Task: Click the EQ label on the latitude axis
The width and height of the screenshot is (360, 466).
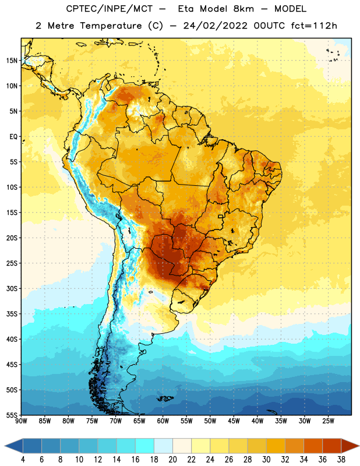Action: coord(13,137)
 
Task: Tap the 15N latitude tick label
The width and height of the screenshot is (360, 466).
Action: coord(12,61)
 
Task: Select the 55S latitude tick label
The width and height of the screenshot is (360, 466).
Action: coord(12,415)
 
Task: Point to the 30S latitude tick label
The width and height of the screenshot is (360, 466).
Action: coord(12,288)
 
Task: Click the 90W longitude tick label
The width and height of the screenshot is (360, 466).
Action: coord(21,421)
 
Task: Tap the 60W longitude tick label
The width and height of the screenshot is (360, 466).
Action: coord(163,421)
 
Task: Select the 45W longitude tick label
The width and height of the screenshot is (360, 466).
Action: coord(234,421)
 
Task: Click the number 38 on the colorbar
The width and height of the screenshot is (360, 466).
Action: coord(341,460)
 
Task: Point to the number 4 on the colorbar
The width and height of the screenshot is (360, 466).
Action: coord(23,460)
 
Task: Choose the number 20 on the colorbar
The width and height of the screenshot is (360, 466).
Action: coord(172,460)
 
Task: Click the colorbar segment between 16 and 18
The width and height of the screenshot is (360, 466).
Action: coord(144,446)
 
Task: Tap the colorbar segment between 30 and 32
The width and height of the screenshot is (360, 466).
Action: coord(276,446)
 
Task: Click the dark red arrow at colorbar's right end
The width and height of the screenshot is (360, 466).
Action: coord(350,446)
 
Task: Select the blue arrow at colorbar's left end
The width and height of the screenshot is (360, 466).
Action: coord(14,446)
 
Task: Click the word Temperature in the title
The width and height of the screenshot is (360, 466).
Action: coord(111,26)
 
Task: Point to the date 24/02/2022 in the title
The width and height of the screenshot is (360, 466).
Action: coord(215,26)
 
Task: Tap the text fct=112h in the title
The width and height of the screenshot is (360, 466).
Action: coord(314,26)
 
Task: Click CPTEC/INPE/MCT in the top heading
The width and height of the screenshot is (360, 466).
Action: coord(110,9)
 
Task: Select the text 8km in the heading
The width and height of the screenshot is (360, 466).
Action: coord(243,9)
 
